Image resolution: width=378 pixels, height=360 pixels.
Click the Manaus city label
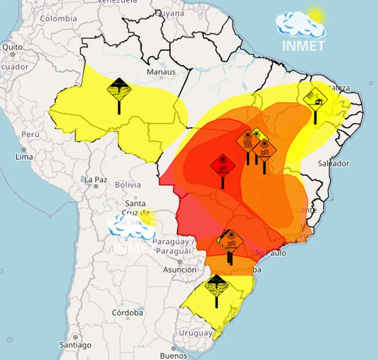click(161, 72)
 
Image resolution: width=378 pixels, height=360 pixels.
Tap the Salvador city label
click(333, 163)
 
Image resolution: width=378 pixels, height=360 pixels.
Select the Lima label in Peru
click(24, 157)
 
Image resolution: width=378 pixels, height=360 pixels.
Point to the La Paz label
click(94, 180)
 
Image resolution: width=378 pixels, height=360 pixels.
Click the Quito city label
click(12, 47)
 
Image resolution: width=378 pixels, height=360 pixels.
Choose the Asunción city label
click(180, 270)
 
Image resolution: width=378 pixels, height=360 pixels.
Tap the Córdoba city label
click(127, 313)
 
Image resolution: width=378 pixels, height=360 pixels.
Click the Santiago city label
click(75, 345)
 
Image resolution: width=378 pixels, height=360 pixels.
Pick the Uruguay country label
click(196, 333)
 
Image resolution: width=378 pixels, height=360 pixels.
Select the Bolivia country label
click(128, 185)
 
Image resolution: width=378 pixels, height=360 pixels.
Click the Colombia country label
click(58, 18)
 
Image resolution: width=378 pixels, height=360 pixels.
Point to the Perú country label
click(30, 135)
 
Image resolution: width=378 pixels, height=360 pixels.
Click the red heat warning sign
click(223, 166)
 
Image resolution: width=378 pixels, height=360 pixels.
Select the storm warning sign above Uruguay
click(216, 286)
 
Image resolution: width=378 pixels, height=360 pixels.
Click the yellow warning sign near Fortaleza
click(315, 99)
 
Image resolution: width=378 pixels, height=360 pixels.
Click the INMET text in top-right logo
click(303, 46)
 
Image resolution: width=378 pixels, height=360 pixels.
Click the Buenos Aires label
click(173, 355)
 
